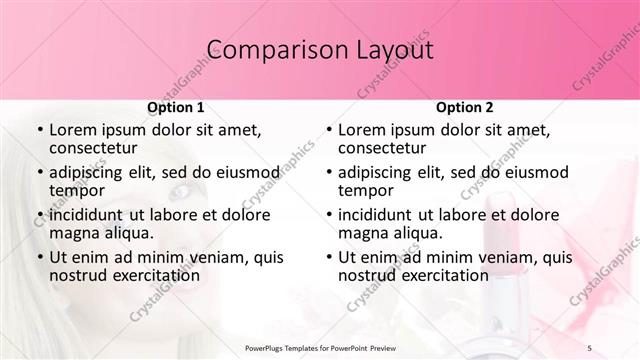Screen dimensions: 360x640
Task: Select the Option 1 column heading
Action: coord(176,107)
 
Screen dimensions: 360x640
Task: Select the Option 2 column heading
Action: coord(465,107)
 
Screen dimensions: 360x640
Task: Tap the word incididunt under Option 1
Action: coord(90,214)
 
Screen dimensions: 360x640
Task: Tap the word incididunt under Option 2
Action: coord(379,214)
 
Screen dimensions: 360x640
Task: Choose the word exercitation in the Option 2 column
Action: coord(442,275)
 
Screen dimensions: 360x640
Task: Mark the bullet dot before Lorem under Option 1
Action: coord(39,130)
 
